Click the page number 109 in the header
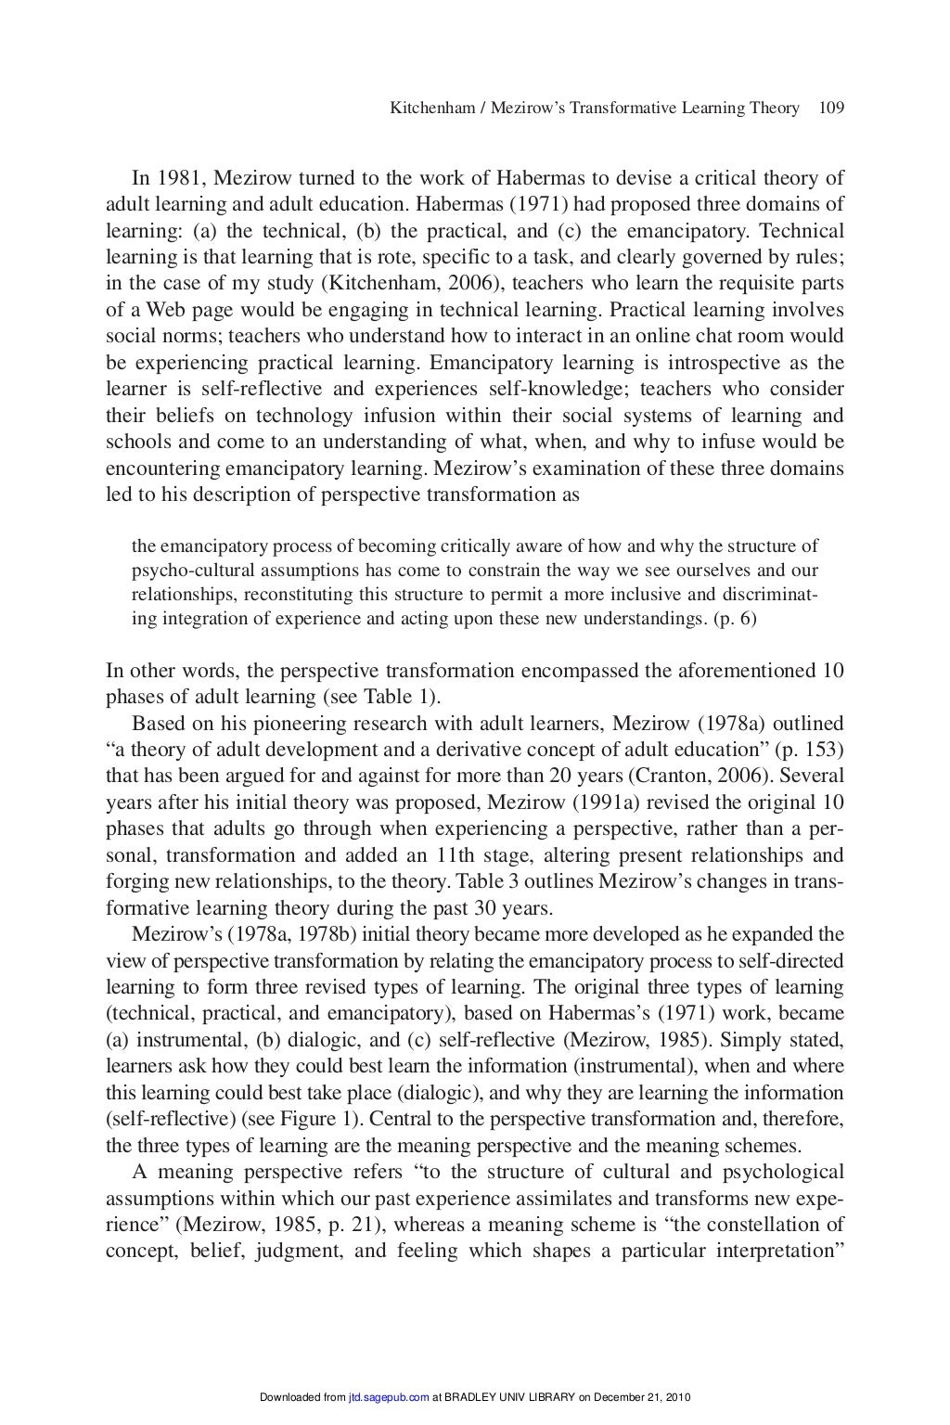click(830, 109)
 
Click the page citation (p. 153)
click(814, 750)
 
